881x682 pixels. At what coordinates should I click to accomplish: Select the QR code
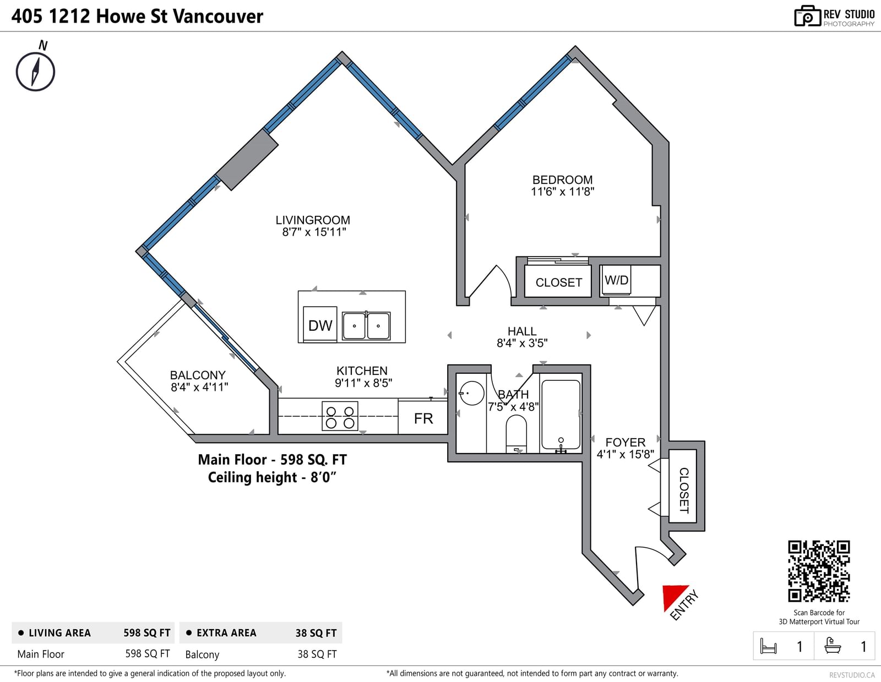819,571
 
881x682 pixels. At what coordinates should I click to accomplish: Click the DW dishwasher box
320,325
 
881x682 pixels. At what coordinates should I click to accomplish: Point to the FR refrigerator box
423,417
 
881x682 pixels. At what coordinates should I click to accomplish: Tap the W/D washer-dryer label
616,280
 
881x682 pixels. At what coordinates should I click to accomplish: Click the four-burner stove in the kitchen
340,416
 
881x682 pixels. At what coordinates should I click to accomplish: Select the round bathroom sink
471,393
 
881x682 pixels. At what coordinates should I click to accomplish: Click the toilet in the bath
516,434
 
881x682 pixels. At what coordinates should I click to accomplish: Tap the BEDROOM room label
562,179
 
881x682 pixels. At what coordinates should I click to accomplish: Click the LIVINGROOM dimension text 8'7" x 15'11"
314,232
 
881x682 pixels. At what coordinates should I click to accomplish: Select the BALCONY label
198,375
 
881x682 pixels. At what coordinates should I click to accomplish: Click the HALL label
522,331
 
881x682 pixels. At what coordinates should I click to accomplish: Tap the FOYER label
626,442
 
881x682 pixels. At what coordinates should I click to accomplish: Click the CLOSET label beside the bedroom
559,282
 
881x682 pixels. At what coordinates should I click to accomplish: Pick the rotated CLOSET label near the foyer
684,490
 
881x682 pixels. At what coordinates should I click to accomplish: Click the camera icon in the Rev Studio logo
807,16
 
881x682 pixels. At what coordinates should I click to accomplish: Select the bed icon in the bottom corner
768,646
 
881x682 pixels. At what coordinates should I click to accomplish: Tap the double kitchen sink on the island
366,325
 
